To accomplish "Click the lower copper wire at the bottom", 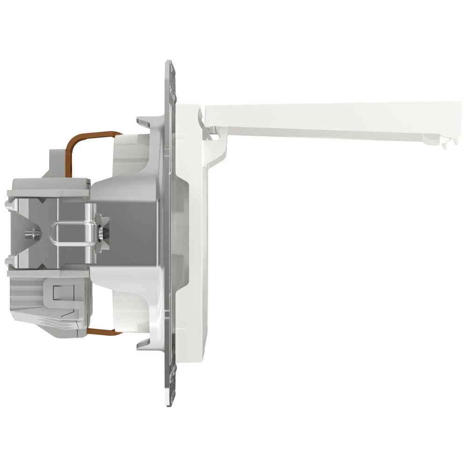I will [100, 333].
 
